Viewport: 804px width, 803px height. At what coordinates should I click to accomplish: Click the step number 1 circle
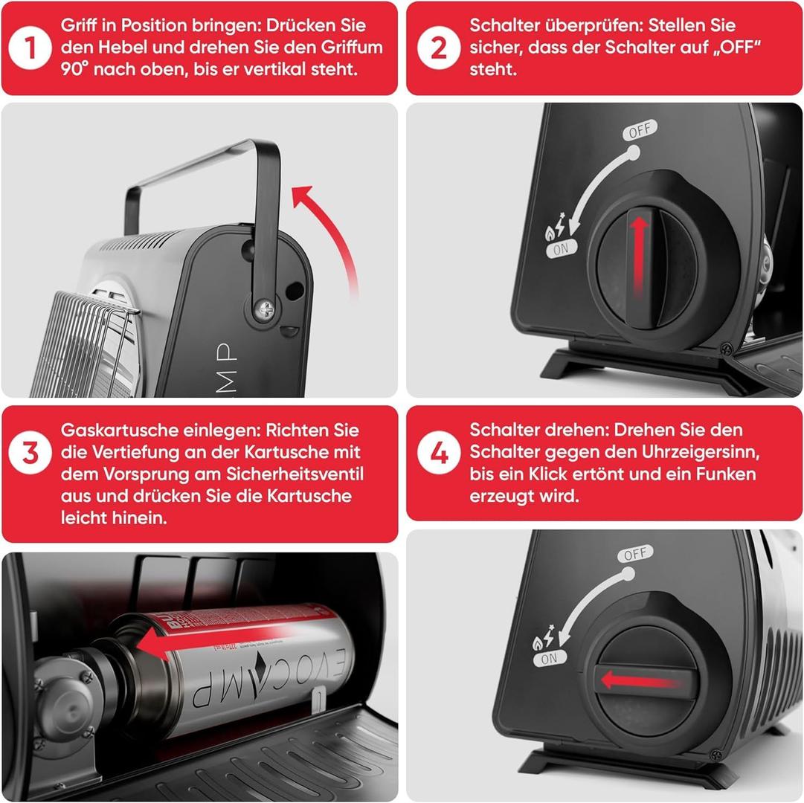point(30,48)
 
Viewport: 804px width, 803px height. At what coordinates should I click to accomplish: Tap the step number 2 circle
point(438,48)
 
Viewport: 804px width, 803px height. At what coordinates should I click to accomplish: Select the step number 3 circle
point(30,453)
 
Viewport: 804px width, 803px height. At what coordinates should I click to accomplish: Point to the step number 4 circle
point(438,453)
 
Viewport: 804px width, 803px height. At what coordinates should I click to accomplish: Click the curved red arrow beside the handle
point(335,230)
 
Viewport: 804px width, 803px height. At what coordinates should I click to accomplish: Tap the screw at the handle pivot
point(266,309)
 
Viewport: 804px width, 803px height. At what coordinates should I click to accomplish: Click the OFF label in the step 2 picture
point(640,130)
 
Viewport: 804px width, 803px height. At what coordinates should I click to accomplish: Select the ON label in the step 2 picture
point(562,249)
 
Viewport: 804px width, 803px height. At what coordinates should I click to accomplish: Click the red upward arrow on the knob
point(639,254)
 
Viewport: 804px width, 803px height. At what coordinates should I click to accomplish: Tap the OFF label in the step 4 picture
point(635,554)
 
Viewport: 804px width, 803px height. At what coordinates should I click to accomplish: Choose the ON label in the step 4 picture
point(549,659)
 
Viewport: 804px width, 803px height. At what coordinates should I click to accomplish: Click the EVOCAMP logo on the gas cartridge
point(266,677)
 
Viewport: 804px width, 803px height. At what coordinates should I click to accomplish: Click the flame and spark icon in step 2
point(556,227)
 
